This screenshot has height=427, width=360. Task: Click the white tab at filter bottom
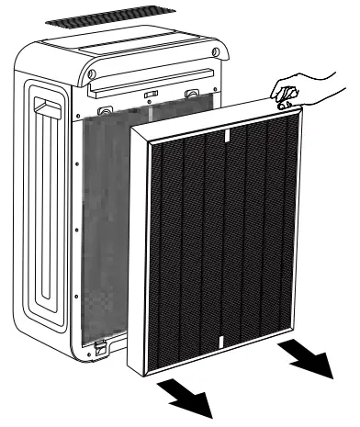[x=220, y=341]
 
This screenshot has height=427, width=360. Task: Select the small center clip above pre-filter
[x=149, y=96]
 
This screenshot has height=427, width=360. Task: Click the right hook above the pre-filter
[x=190, y=94]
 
